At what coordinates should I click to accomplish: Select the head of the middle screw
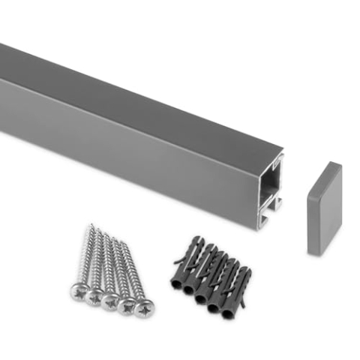(112, 299)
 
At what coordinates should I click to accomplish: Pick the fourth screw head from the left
(128, 304)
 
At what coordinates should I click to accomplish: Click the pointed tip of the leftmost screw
(91, 225)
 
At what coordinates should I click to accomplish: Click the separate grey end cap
(324, 208)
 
